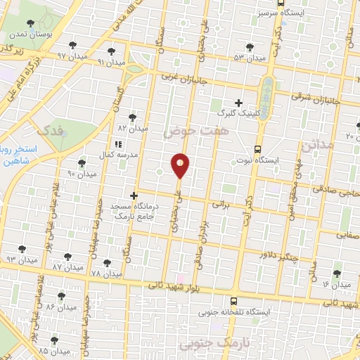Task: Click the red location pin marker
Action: click(x=180, y=166)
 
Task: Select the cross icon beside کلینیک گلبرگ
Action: click(x=239, y=103)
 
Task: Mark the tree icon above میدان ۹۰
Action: click(x=82, y=162)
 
